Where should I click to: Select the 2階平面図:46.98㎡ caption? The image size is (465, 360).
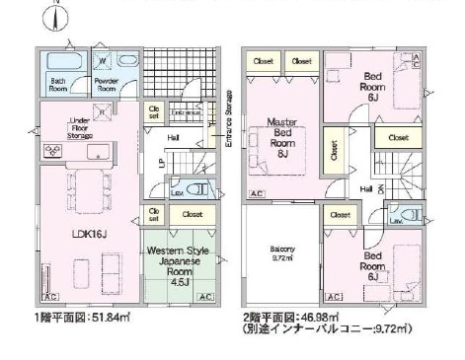[x=296, y=320]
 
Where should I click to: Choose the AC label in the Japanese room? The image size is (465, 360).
[x=205, y=297]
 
